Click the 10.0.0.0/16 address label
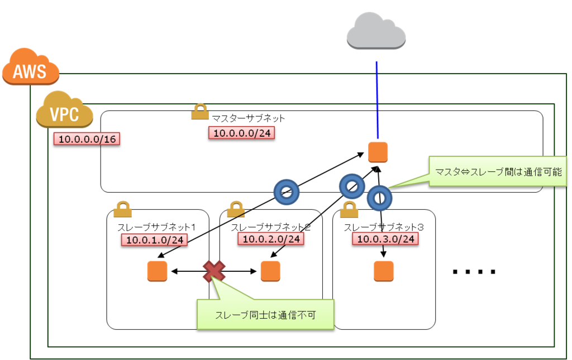(x=87, y=138)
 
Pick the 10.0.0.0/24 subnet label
(x=241, y=133)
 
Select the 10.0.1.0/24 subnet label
(x=154, y=239)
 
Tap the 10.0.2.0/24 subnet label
(x=271, y=238)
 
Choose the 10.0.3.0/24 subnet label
(x=385, y=239)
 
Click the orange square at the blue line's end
(x=378, y=152)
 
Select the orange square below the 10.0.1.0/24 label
(x=158, y=271)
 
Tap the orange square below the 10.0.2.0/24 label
(x=270, y=271)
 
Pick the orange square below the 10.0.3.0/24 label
(x=384, y=271)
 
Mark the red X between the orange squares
(x=214, y=271)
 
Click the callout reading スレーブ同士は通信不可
(x=265, y=314)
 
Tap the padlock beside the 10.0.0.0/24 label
(x=200, y=112)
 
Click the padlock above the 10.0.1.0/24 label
(x=122, y=209)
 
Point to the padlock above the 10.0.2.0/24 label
(x=236, y=209)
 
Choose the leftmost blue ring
(x=287, y=192)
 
